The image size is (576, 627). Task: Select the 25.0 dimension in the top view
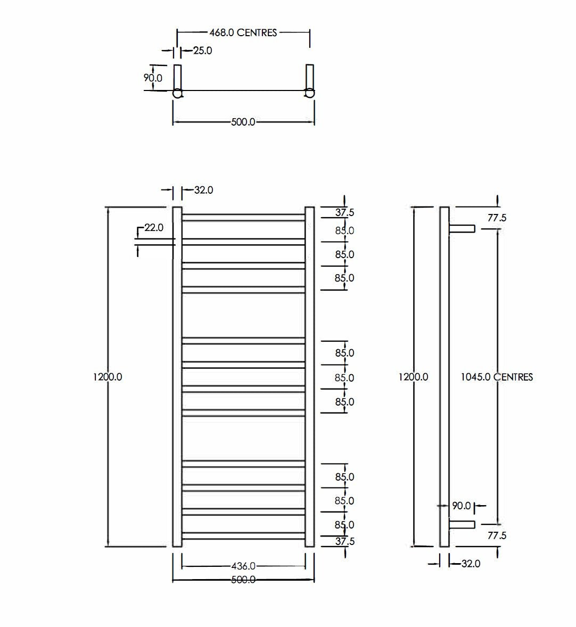point(202,51)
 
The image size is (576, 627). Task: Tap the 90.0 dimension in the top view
point(153,78)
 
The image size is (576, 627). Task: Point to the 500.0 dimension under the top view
point(243,122)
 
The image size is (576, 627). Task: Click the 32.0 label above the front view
point(203,190)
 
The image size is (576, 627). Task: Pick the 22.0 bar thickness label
point(154,228)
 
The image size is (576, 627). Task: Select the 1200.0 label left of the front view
point(108,377)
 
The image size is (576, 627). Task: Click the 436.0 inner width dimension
point(243,566)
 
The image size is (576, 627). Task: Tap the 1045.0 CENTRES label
point(497,377)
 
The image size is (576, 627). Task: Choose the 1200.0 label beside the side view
point(414,377)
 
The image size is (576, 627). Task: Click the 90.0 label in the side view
point(462,506)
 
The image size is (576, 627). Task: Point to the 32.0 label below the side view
point(471,563)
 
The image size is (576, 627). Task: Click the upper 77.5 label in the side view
point(496,218)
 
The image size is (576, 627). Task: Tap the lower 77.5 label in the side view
point(496,535)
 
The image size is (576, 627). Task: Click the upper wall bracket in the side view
point(462,228)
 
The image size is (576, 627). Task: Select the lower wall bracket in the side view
point(462,525)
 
